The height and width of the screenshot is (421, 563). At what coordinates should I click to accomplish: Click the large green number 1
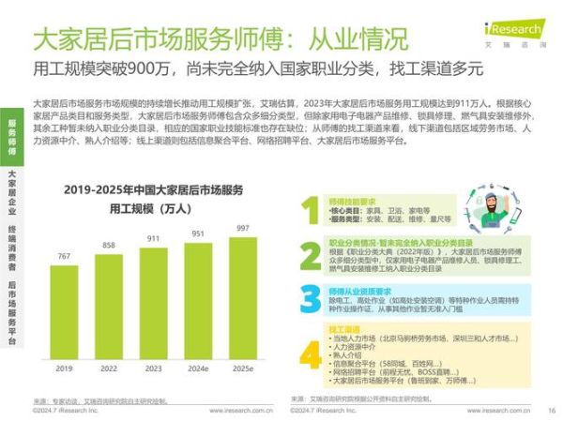click(311, 212)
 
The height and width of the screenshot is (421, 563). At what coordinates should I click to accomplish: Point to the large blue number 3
click(311, 299)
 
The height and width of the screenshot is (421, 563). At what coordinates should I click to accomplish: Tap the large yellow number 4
click(311, 354)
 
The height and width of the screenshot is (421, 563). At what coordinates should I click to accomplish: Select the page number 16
click(552, 409)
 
